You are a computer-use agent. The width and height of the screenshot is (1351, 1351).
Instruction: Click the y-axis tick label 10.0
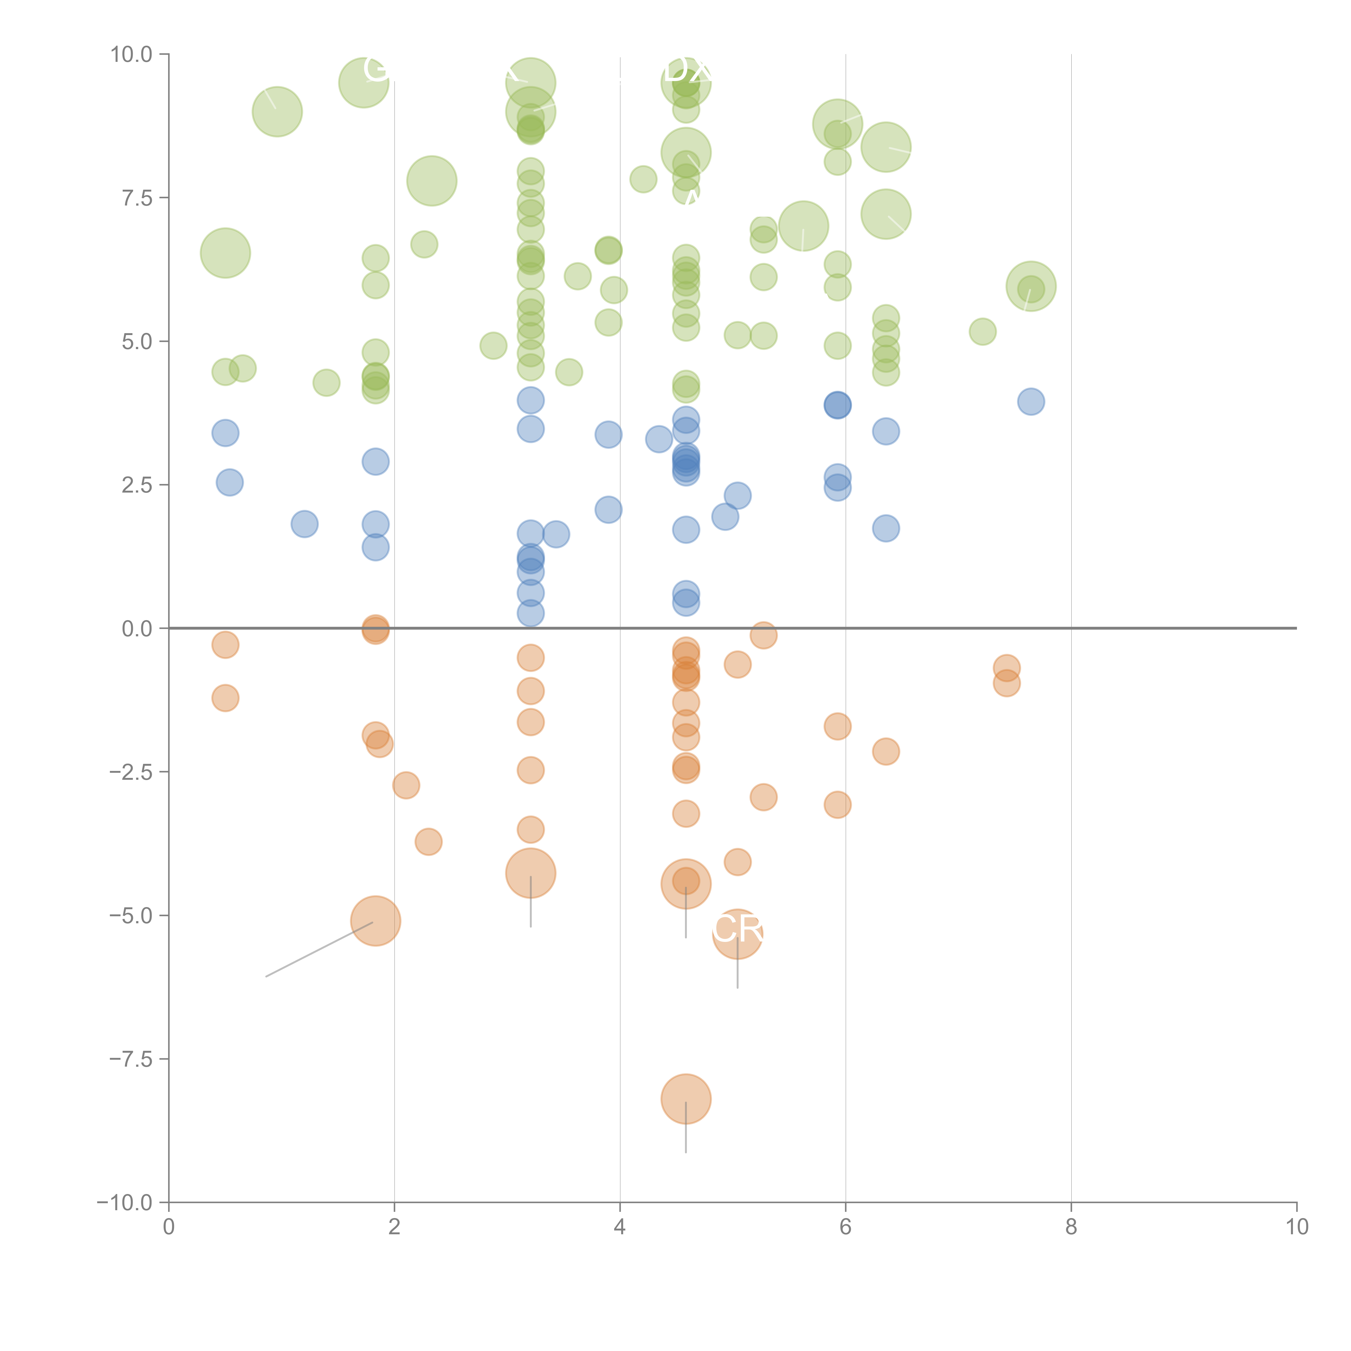(132, 55)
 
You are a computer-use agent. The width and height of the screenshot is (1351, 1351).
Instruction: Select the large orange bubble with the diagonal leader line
(376, 921)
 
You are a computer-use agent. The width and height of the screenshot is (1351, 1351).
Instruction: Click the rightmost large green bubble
(1031, 286)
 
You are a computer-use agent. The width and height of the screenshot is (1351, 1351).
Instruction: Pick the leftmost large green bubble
(225, 253)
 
